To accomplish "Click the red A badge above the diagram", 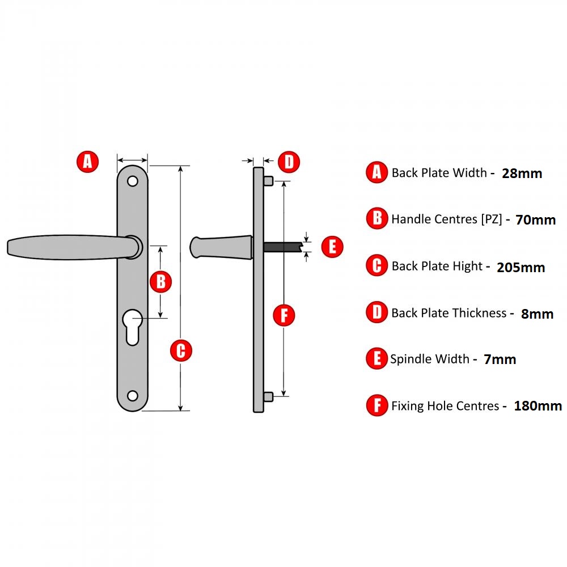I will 87,162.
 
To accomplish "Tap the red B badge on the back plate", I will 161,281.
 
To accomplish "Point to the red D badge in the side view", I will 289,162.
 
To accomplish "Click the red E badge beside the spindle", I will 332,247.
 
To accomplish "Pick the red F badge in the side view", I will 284,315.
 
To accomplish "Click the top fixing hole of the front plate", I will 133,181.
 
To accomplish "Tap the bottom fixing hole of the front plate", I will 133,395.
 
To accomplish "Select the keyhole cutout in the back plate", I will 132,325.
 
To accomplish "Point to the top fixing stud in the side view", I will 269,181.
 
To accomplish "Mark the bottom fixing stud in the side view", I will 269,396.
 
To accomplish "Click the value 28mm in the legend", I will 522,174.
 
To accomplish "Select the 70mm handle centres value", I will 535,220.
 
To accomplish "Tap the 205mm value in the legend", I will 521,267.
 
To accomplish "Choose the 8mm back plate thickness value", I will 537,314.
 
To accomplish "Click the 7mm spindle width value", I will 500,359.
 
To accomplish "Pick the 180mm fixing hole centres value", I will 538,406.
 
